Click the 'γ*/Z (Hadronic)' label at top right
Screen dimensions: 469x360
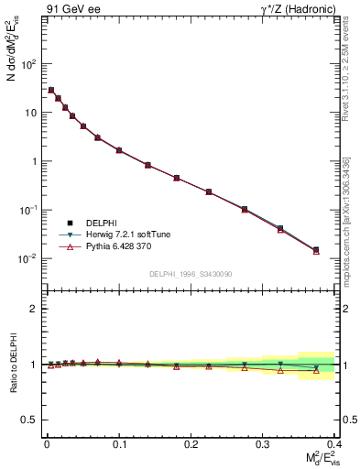click(295, 9)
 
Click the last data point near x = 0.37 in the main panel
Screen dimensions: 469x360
click(316, 250)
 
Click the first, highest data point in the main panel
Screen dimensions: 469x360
click(51, 90)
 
